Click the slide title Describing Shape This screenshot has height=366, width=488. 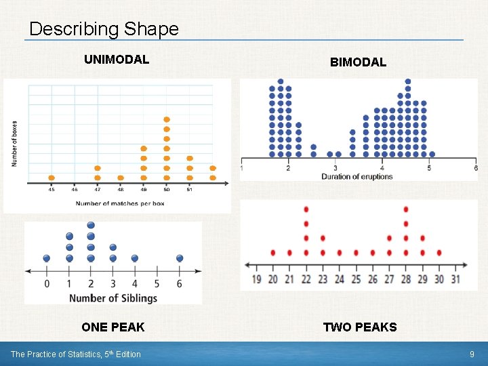point(104,29)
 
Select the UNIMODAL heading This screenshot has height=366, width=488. point(116,60)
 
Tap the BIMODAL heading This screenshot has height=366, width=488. point(358,62)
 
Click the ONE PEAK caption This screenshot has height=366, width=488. point(113,327)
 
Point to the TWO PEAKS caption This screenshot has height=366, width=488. point(359,327)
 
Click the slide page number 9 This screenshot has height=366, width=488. point(472,354)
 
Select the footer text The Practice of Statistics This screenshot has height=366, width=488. point(75,354)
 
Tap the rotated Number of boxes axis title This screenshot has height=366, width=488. point(15,144)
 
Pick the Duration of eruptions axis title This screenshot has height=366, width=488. point(357,177)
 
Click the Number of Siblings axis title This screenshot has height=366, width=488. point(113,298)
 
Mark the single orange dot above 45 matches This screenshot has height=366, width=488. point(52,178)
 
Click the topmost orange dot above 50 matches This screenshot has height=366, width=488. point(167,120)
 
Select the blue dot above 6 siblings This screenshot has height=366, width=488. point(180,258)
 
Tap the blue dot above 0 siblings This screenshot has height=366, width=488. point(46,258)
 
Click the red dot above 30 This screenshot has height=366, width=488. point(439,252)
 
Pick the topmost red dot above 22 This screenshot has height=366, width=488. point(306,209)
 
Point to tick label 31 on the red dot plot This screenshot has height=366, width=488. point(455,279)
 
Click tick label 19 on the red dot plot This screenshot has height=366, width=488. point(257,279)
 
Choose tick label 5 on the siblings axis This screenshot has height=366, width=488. point(157,283)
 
